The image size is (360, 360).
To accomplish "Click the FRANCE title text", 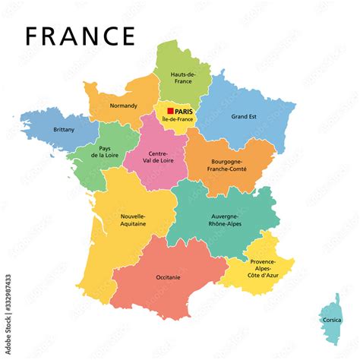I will (x=80, y=35).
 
